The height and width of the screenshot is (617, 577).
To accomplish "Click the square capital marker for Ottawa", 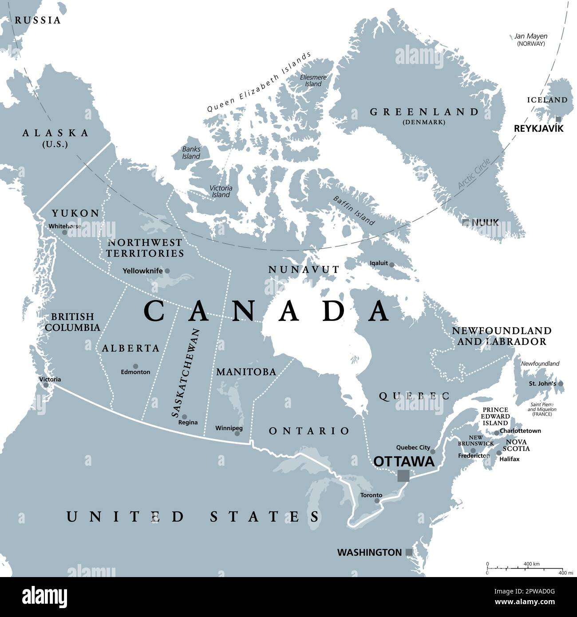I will click(403, 475).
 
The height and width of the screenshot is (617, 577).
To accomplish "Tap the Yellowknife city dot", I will click(167, 271).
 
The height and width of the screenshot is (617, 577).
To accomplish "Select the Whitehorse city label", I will click(65, 226).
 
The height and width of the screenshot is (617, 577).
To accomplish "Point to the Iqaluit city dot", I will click(391, 264).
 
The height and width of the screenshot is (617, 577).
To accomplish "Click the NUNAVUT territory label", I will click(304, 269).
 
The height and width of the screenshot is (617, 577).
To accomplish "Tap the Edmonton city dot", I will click(135, 366).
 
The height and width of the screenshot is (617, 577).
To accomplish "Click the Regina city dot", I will click(184, 416).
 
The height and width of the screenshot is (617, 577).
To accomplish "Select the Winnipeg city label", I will click(229, 428).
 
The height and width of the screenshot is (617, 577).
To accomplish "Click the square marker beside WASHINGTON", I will click(409, 553).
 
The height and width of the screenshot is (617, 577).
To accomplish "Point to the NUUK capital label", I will click(485, 222).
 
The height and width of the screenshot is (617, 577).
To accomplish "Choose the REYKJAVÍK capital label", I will click(538, 128).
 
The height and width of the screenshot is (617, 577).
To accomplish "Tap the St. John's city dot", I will click(561, 384).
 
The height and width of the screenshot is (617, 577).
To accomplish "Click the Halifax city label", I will click(509, 459).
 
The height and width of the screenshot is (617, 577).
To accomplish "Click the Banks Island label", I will click(191, 152).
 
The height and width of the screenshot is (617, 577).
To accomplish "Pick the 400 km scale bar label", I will click(531, 564).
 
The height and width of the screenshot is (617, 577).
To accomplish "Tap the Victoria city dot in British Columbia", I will click(46, 385).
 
